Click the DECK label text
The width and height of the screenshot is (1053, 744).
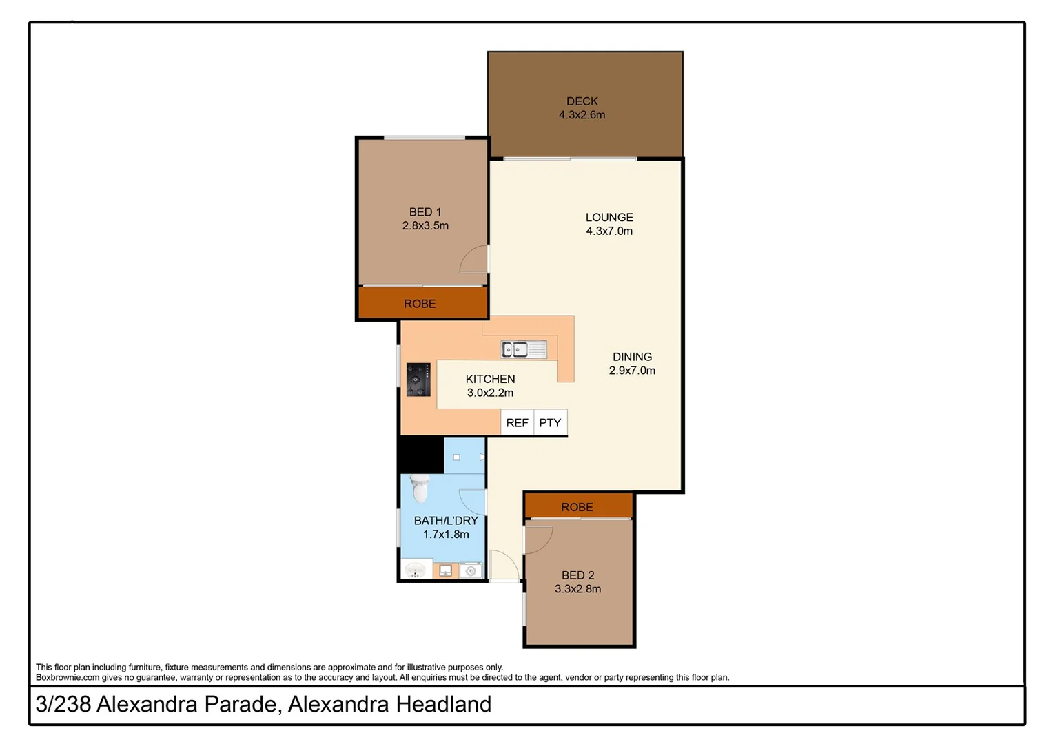(x=582, y=101)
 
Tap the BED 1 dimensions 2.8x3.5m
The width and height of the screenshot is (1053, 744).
(x=425, y=226)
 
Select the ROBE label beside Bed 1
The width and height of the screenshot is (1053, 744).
(x=419, y=304)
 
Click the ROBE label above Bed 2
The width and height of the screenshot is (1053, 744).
(x=577, y=507)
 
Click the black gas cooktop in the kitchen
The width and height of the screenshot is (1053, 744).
(x=418, y=380)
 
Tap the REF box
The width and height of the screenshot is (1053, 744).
(x=517, y=423)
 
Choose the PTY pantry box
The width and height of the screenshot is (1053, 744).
(x=550, y=423)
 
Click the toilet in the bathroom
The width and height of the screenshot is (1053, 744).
(x=420, y=488)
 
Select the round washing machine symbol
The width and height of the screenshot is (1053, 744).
(x=471, y=571)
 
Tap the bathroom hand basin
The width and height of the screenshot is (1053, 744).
(x=416, y=571)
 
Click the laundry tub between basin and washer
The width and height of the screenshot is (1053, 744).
(x=445, y=571)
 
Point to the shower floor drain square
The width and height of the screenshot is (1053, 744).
(x=456, y=457)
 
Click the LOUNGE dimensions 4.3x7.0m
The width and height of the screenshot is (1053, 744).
(x=609, y=231)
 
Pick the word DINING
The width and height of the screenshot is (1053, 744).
(x=632, y=357)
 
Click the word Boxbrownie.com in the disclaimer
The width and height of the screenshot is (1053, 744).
(x=68, y=678)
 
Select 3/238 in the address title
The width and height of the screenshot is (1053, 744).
(x=63, y=705)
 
